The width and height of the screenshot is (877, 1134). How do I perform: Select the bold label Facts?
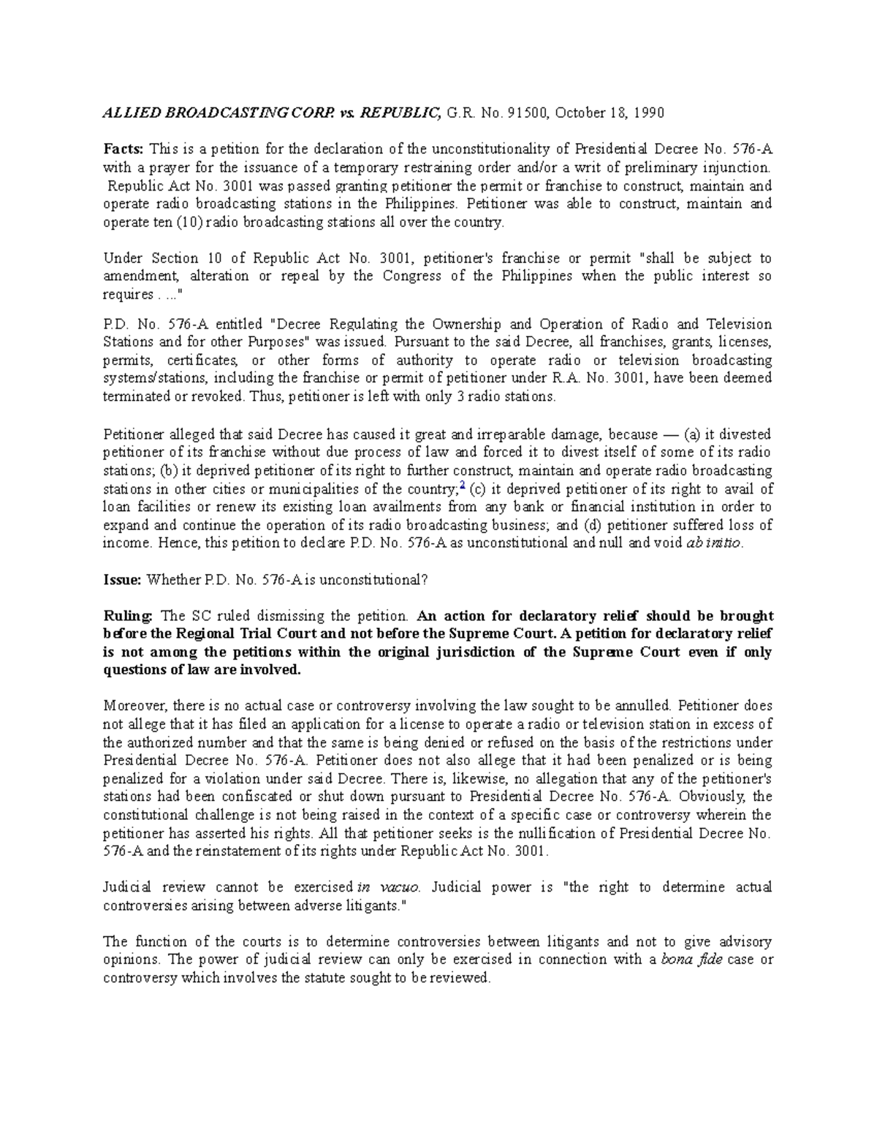(x=125, y=150)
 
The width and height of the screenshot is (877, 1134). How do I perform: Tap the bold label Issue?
(x=122, y=580)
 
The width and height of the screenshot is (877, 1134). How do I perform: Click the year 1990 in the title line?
(x=649, y=113)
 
